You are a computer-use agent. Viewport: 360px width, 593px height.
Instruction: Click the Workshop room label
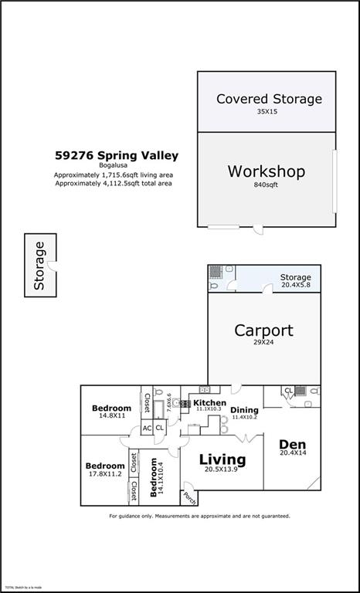click(266, 171)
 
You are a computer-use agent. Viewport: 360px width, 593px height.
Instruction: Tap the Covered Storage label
click(269, 99)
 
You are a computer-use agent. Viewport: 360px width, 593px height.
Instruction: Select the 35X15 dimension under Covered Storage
click(268, 112)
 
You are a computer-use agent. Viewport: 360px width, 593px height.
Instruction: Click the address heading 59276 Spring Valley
click(117, 155)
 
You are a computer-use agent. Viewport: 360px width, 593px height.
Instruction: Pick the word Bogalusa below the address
click(116, 166)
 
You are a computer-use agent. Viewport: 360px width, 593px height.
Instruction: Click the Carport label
click(263, 330)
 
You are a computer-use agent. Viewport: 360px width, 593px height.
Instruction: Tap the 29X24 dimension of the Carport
click(263, 344)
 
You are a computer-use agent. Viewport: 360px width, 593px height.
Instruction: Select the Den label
click(293, 444)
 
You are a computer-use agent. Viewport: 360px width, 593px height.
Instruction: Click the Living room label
click(222, 460)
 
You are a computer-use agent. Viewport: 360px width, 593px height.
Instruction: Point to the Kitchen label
click(209, 403)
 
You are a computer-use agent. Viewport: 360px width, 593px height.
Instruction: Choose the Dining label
click(245, 410)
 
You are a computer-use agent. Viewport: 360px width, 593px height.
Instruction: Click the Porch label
click(188, 496)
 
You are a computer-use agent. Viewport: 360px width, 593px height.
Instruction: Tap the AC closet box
click(147, 429)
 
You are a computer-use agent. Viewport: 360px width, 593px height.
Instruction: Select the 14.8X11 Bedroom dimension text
click(111, 416)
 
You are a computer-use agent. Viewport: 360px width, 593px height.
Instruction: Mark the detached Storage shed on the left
click(39, 266)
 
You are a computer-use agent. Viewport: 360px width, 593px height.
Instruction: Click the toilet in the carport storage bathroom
click(214, 286)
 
